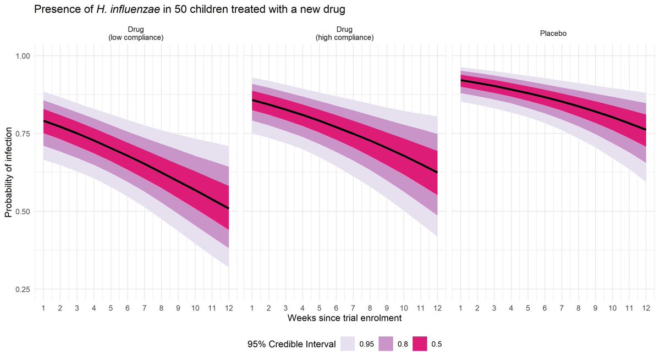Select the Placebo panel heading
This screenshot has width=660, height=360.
tap(553, 34)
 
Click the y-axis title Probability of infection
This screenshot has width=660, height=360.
tap(8, 173)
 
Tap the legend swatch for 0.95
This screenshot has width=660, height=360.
tap(346, 344)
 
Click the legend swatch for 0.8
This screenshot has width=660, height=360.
tap(387, 344)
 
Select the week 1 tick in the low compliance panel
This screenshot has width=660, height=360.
tap(43, 308)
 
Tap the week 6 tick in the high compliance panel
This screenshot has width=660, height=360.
tap(336, 308)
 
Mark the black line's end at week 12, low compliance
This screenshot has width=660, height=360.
tap(229, 208)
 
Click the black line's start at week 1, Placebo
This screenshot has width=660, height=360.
tap(461, 80)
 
